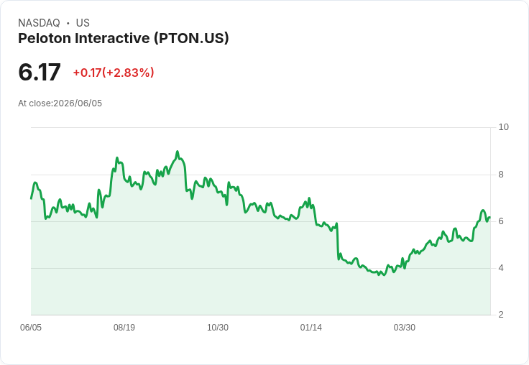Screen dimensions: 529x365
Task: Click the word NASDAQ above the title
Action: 39,23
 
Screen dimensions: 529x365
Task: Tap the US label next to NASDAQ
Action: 83,23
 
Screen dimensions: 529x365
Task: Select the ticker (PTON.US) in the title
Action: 191,39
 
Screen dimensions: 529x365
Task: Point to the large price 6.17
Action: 40,73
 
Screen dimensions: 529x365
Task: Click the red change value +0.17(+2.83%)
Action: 114,73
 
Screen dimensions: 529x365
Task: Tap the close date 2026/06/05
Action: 78,103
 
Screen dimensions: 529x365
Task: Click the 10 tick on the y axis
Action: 503,127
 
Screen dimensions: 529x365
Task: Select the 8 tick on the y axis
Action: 501,175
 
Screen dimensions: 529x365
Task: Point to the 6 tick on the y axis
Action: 501,221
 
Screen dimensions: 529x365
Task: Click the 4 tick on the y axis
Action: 501,268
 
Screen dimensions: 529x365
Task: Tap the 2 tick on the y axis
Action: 501,315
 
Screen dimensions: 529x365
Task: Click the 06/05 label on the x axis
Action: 31,327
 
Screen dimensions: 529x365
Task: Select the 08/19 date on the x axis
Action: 124,327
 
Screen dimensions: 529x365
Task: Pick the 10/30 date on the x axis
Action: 218,327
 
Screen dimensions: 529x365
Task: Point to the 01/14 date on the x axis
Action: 310,327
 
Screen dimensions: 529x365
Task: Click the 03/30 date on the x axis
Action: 404,327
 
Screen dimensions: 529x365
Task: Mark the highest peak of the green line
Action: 178,152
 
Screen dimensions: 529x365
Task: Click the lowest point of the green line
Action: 385,275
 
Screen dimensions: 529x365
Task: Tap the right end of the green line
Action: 490,218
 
